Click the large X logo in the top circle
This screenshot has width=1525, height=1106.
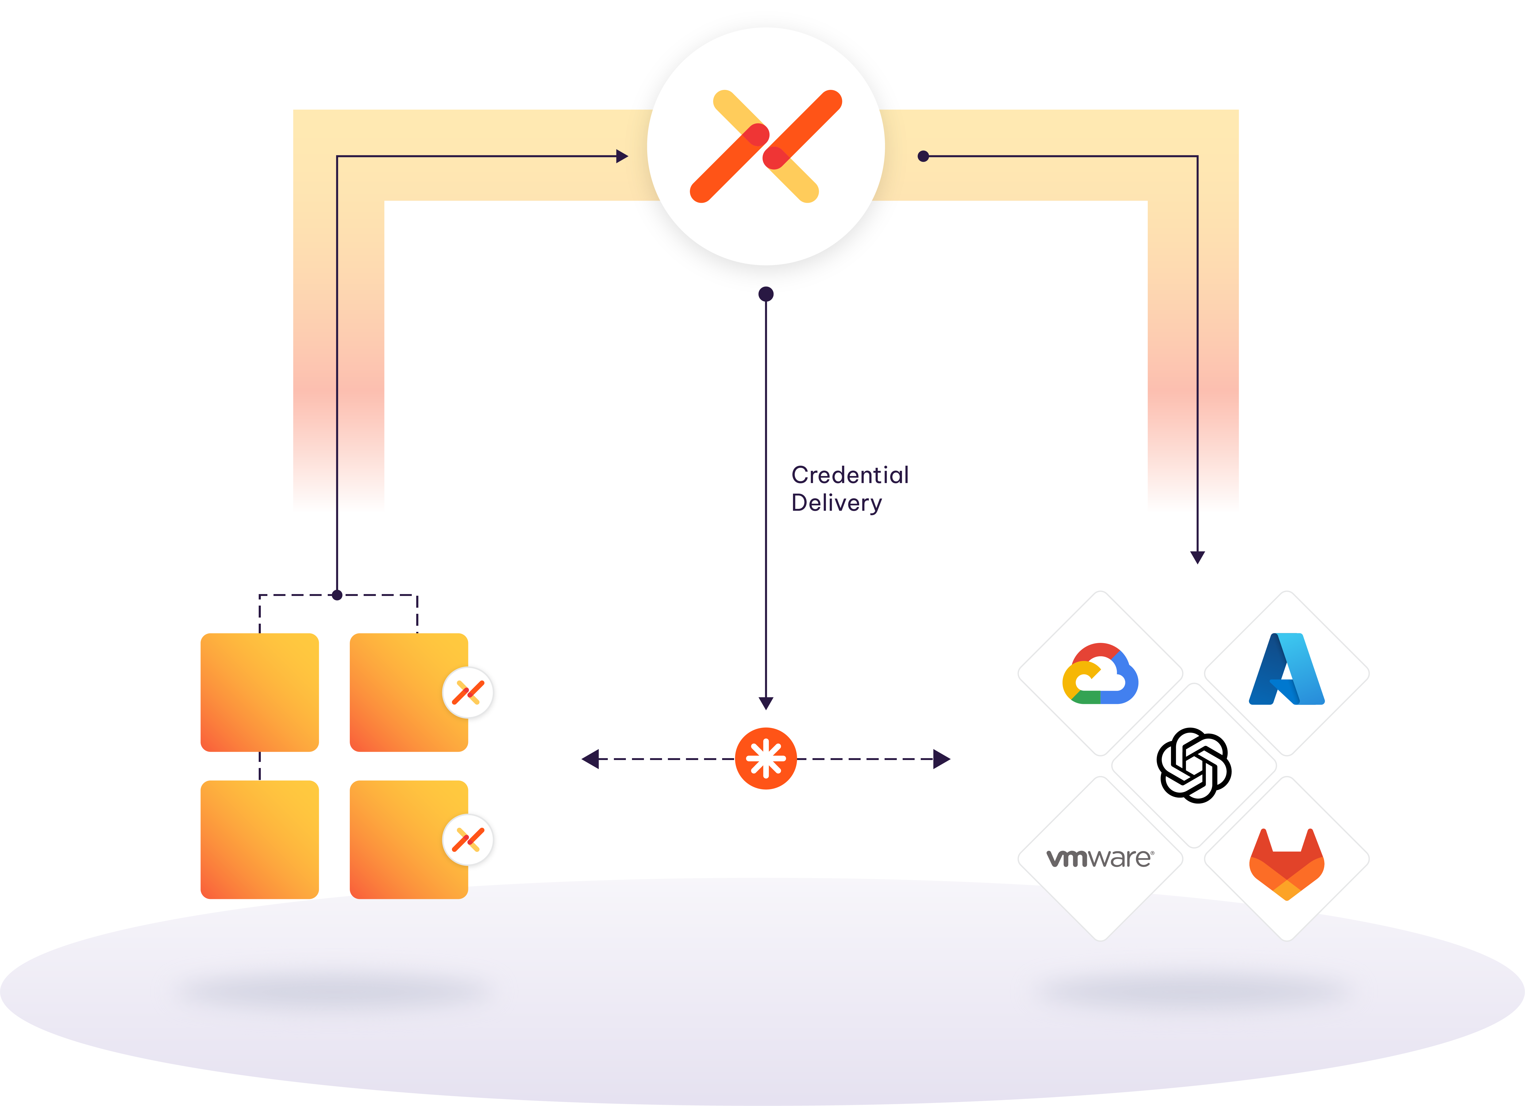[x=766, y=146]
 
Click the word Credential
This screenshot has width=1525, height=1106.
[x=850, y=475]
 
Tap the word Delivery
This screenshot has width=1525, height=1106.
[x=836, y=503]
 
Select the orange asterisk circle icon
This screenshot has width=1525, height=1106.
[x=766, y=758]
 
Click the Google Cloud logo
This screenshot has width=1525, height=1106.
[x=1100, y=674]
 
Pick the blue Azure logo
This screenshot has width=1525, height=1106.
[x=1286, y=669]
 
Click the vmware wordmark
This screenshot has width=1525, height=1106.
[x=1100, y=858]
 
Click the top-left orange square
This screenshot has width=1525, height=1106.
[x=260, y=692]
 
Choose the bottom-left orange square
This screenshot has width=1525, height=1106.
[x=260, y=839]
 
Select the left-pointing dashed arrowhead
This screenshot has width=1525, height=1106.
[x=590, y=759]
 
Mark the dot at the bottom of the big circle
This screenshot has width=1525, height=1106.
[x=766, y=294]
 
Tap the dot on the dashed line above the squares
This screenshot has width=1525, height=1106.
[x=337, y=595]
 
